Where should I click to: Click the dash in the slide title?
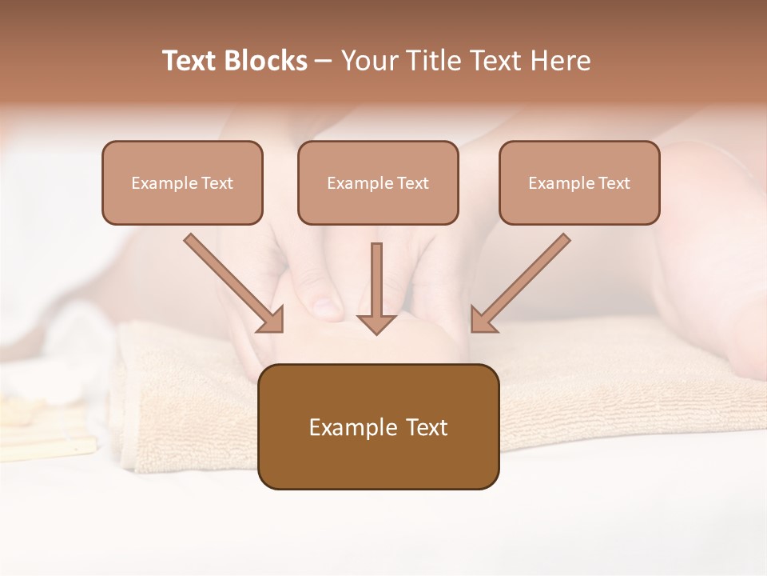pyautogui.click(x=324, y=62)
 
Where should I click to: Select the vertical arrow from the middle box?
pyautogui.click(x=376, y=284)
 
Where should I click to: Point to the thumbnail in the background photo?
pyautogui.click(x=326, y=305)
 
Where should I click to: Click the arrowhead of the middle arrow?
pyautogui.click(x=376, y=323)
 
